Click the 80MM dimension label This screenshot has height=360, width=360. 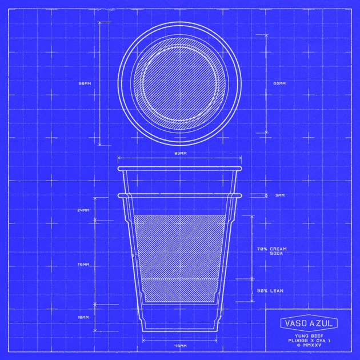click(85, 83)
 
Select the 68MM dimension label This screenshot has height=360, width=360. click(279, 83)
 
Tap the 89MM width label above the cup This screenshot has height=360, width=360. click(179, 154)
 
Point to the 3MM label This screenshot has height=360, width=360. click(279, 195)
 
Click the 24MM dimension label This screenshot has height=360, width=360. click(83, 210)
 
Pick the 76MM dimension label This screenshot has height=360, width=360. click(83, 265)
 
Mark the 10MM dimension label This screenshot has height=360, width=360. click(83, 317)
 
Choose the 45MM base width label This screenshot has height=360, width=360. click(179, 346)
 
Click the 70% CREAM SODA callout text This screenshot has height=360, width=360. click(271, 251)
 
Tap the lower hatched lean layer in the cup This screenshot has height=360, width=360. click(179, 290)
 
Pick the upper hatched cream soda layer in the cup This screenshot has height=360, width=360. click(179, 246)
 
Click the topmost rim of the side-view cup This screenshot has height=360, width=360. click(179, 169)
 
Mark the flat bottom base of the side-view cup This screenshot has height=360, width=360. click(179, 330)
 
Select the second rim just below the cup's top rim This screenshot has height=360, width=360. click(179, 195)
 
